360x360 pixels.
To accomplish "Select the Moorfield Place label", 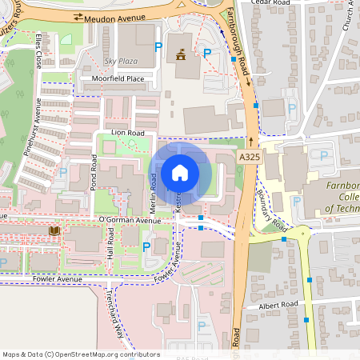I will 118,78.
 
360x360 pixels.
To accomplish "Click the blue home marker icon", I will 181,173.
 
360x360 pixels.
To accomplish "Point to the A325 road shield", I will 249,158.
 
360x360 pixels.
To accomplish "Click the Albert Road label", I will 278,305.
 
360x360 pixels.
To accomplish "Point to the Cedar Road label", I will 272,2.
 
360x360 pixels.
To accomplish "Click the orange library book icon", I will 54,231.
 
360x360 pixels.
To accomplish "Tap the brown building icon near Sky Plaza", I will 181,55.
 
